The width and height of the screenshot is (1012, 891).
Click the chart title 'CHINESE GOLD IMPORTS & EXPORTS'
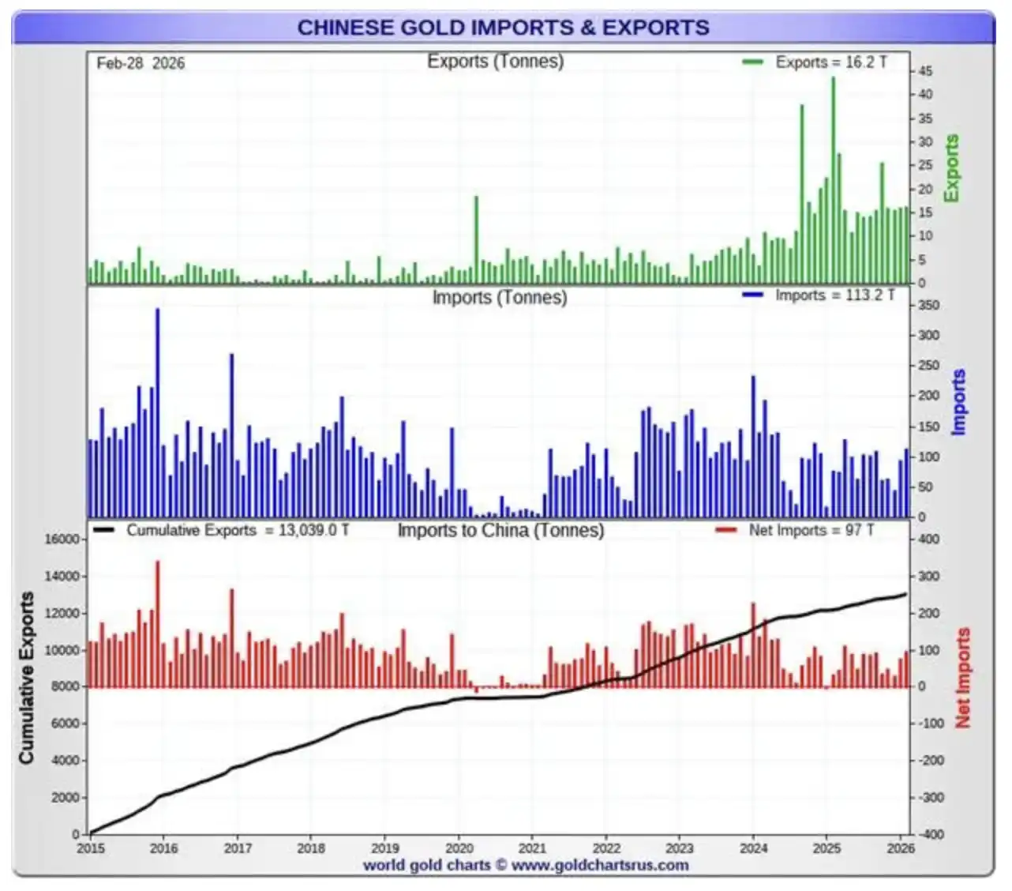click(x=503, y=28)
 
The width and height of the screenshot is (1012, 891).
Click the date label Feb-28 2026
click(x=141, y=63)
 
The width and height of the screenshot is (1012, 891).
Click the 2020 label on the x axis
click(x=459, y=848)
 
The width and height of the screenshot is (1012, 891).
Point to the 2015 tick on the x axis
click(x=90, y=848)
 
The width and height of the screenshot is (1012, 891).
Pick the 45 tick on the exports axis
click(x=925, y=71)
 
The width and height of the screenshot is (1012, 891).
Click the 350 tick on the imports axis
click(x=929, y=306)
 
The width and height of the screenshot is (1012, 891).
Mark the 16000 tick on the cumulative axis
click(x=62, y=539)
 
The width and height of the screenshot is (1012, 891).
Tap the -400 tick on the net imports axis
click(x=931, y=834)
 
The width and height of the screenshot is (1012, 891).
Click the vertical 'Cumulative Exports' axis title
click(x=27, y=678)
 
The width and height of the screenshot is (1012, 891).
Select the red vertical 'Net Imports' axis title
click(x=962, y=678)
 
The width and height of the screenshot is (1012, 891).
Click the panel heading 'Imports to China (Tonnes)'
click(x=500, y=530)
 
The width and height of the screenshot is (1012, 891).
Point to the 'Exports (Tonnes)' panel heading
click(x=495, y=62)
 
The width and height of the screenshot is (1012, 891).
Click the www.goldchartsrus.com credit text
click(x=599, y=865)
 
